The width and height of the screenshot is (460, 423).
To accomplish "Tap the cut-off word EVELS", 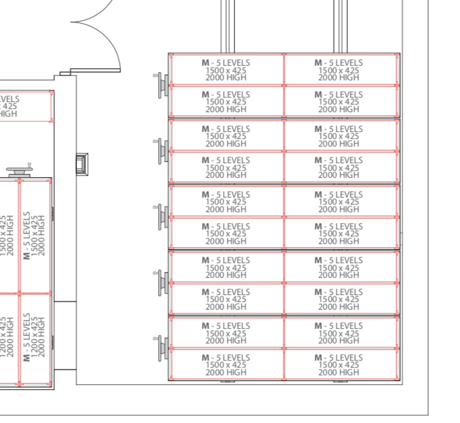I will [x=10, y=99].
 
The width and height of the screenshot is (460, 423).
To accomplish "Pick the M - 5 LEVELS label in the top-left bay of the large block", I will [x=226, y=63].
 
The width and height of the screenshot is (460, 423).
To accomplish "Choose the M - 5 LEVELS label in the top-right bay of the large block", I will [x=339, y=63].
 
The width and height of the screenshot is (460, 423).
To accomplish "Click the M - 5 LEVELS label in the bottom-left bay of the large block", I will [x=226, y=358].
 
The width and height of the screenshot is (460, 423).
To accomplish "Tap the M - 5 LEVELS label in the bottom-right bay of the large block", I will [x=339, y=358].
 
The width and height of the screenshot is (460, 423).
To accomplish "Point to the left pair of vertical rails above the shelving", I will [x=225, y=25].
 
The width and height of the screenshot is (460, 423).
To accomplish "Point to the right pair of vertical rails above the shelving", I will [x=338, y=25].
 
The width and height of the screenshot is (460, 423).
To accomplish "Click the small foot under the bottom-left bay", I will [x=226, y=382].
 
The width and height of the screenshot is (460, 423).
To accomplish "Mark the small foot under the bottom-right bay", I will [x=339, y=382].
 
